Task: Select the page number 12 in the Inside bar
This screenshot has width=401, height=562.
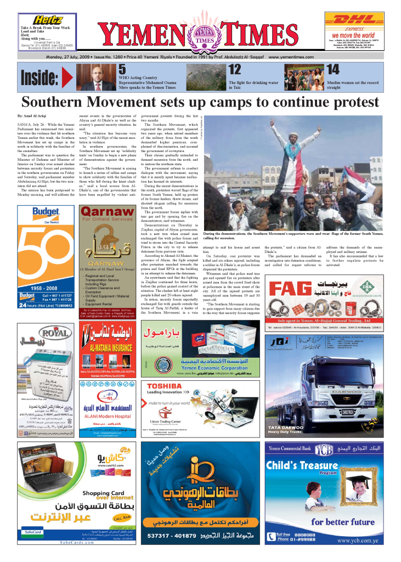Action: [x=234, y=69]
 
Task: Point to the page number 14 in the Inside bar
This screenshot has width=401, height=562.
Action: [x=333, y=69]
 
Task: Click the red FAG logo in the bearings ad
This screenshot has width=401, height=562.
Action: [x=283, y=302]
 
